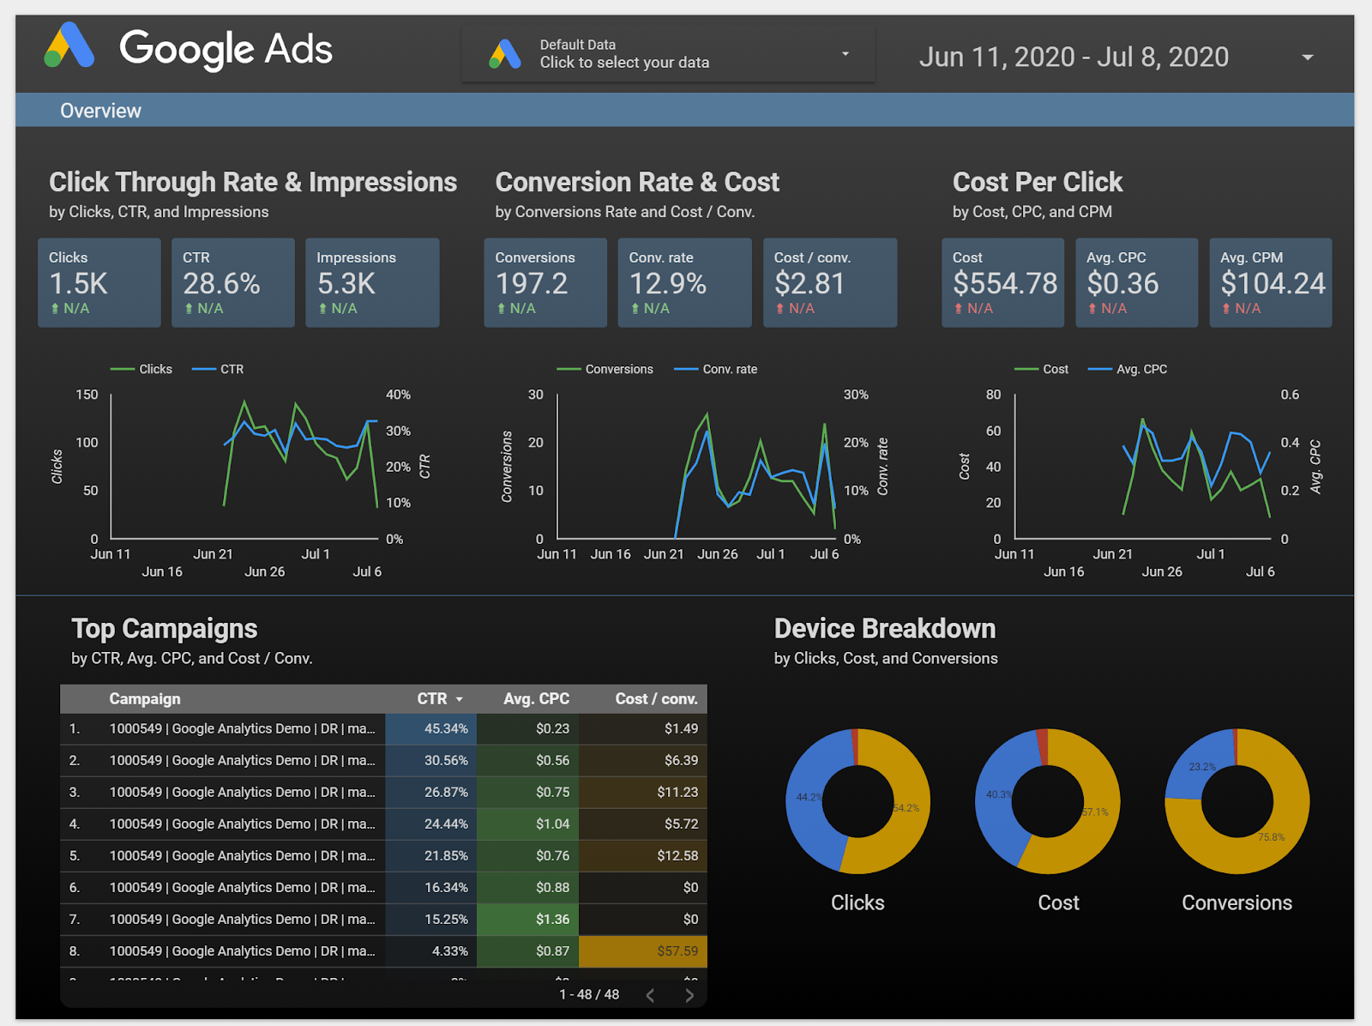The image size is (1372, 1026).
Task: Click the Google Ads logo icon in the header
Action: click(69, 46)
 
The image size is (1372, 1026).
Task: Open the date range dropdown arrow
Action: click(1307, 57)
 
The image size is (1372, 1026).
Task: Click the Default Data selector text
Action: click(623, 54)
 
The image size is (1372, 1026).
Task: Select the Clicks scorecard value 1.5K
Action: click(78, 284)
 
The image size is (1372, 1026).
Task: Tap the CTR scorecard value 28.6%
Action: click(221, 284)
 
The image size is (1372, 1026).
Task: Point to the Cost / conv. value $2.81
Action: click(809, 284)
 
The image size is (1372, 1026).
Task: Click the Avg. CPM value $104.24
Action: click(1273, 284)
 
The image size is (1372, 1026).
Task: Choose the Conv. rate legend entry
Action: click(729, 370)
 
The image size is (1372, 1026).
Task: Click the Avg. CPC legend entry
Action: click(1140, 370)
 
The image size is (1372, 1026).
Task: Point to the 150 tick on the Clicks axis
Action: click(87, 395)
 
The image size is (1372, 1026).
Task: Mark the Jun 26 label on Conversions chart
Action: click(717, 554)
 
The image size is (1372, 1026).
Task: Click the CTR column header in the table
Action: click(432, 699)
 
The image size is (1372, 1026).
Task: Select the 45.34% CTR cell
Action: click(446, 729)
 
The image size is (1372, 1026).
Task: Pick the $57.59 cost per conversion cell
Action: click(677, 951)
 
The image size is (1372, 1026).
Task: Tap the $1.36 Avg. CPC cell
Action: click(552, 920)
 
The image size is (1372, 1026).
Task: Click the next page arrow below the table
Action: click(689, 995)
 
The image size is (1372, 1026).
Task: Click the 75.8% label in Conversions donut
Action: click(1271, 837)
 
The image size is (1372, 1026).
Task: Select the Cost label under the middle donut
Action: click(1058, 903)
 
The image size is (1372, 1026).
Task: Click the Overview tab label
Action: click(100, 111)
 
